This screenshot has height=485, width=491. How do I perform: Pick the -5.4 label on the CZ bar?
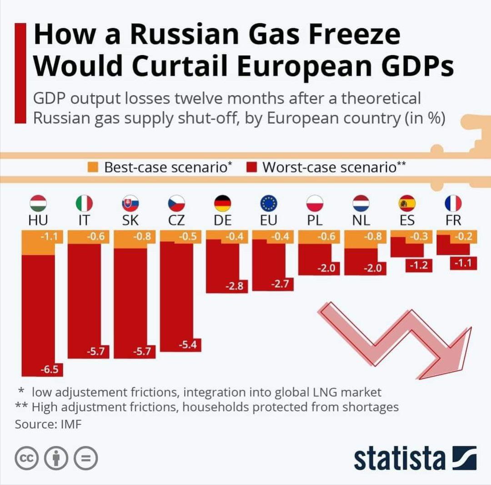point(187,345)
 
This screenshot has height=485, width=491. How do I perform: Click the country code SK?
point(130,221)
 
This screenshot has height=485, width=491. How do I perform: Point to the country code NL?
point(361,221)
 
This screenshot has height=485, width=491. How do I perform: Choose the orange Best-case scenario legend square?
point(93,167)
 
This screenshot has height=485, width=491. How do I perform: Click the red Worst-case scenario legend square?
point(254,167)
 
